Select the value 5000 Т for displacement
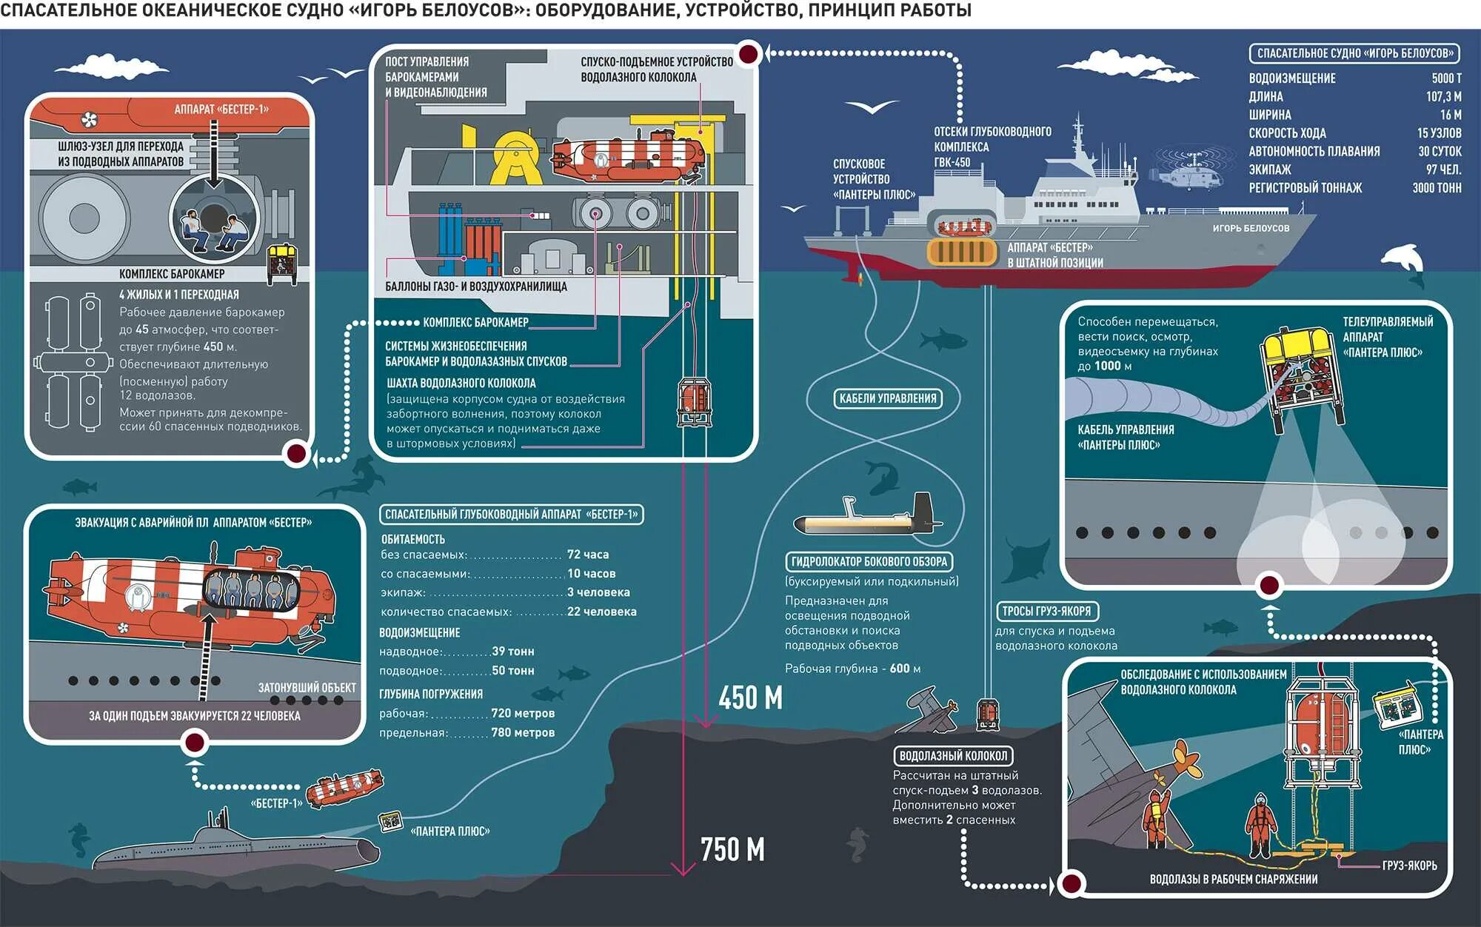[1445, 78]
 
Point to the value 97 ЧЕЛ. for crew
[1443, 170]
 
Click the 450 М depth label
[750, 697]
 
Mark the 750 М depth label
[732, 849]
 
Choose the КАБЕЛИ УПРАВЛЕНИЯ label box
[887, 398]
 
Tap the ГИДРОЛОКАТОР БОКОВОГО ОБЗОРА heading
[869, 561]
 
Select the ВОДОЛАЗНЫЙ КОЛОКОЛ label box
[953, 756]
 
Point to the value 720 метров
[523, 713]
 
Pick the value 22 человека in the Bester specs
[601, 612]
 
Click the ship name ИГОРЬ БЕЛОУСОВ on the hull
[1250, 228]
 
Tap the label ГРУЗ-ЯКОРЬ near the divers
[1408, 866]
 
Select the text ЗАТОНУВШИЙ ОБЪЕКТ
[307, 688]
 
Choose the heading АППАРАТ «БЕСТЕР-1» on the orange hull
[221, 110]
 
